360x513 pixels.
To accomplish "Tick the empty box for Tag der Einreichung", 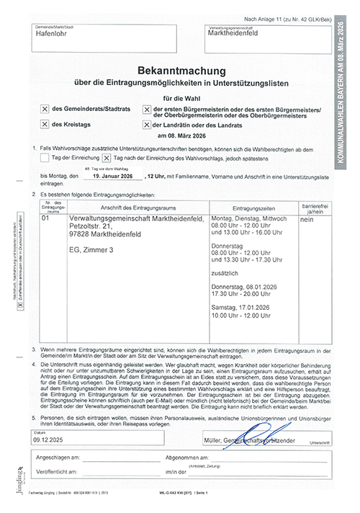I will tap(45, 157).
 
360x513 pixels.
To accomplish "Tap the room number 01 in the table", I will tap(47, 218).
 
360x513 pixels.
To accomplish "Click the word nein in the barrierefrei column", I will tap(306, 218).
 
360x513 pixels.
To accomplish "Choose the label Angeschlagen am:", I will tap(60, 458).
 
